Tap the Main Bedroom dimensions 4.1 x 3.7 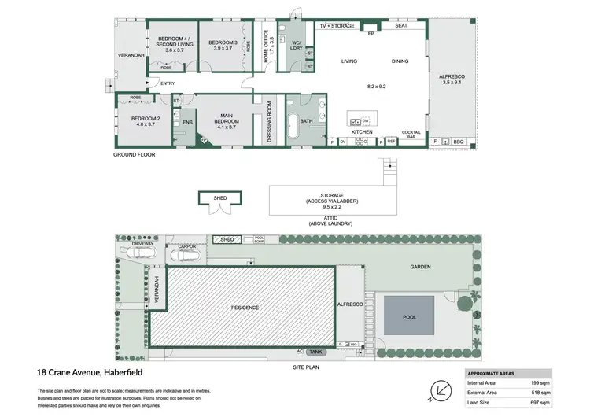pos(227,127)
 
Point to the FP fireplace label pos(370,33)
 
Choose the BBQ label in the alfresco pos(458,142)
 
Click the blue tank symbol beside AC pos(316,352)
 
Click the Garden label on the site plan pos(422,267)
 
